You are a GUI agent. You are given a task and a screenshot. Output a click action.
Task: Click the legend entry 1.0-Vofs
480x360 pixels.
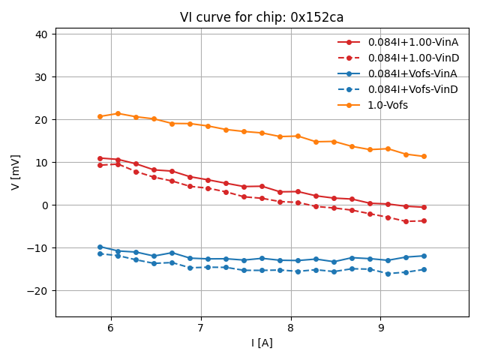(x=388, y=105)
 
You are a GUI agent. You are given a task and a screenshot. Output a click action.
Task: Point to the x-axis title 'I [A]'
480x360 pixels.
(x=262, y=343)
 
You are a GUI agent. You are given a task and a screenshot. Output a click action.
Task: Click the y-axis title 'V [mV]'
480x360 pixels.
(x=16, y=172)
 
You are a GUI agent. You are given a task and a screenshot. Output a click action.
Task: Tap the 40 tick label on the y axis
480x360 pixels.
(x=40, y=34)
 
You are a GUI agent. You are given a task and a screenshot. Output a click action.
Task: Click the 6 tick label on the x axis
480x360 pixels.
(x=111, y=328)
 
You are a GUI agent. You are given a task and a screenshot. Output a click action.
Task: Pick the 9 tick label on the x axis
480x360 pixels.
(x=381, y=328)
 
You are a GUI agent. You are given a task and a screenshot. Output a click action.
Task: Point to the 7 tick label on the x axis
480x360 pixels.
(x=201, y=328)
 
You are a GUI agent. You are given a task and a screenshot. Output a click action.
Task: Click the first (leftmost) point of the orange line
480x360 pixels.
(x=100, y=116)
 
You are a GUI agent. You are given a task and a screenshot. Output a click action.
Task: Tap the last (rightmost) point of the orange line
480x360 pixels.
(x=424, y=156)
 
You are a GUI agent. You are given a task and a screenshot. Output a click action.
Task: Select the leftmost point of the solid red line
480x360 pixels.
(x=100, y=158)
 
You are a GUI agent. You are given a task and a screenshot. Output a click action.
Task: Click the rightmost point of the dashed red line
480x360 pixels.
(x=424, y=220)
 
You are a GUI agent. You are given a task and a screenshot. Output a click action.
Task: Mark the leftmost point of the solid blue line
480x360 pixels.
(x=100, y=247)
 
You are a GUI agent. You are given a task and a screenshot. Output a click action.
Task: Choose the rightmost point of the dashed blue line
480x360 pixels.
(x=424, y=269)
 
